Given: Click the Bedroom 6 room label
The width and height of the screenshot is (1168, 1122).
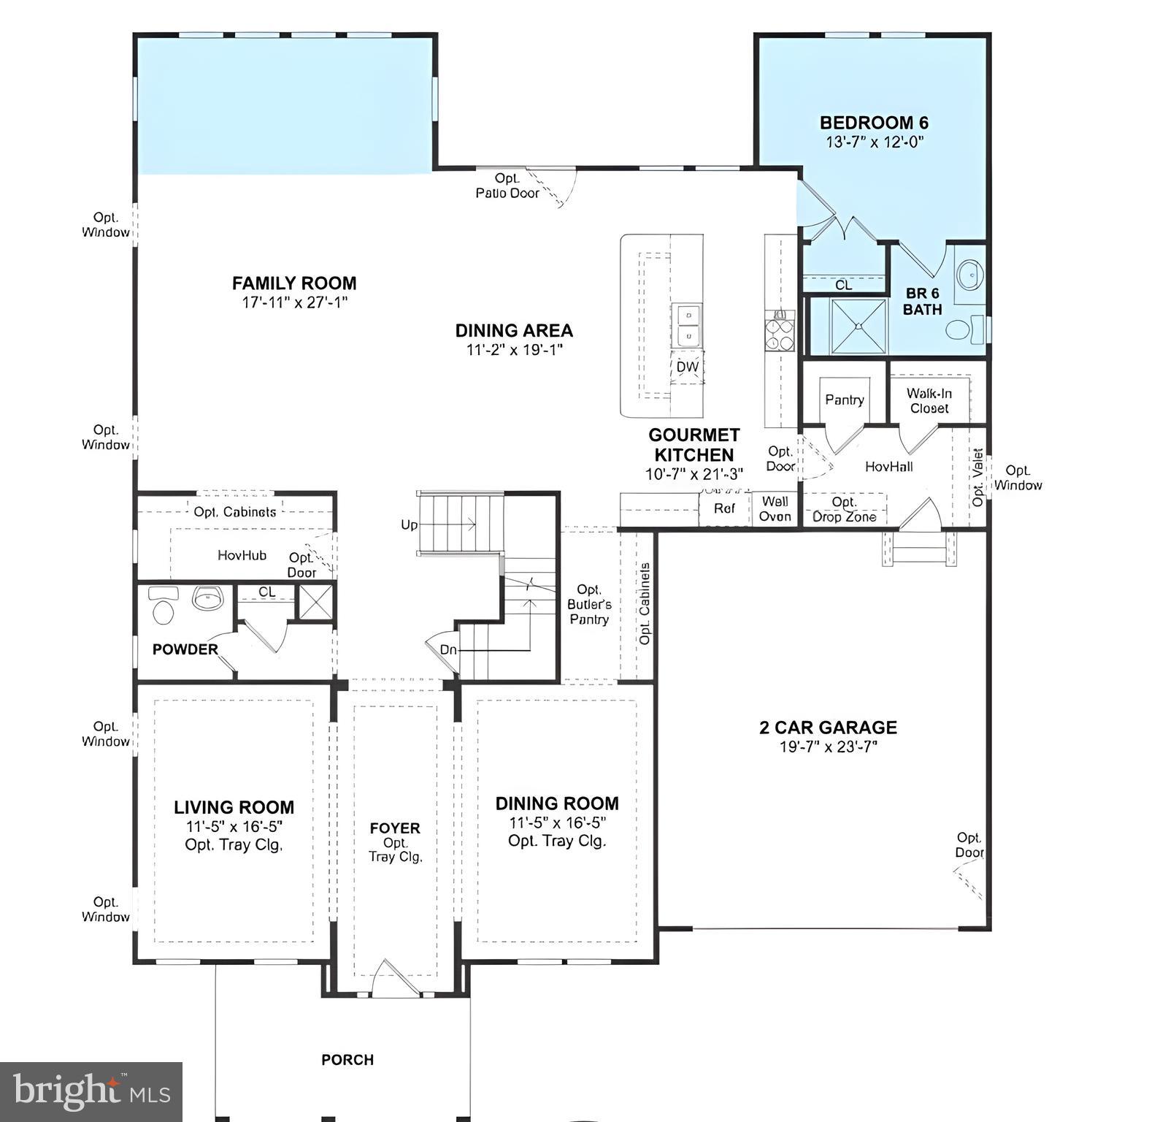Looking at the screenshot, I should (874, 123).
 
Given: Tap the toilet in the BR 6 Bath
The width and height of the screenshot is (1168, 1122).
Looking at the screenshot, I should (961, 330).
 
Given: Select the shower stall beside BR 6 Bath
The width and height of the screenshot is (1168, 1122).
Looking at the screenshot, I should (848, 326).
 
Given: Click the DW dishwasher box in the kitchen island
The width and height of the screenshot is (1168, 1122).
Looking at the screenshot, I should (687, 367).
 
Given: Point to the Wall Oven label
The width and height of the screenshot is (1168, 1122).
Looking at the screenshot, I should (775, 509).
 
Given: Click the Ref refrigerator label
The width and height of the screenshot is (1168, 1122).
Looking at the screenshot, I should (724, 508).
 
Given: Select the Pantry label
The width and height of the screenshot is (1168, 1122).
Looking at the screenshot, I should (845, 400).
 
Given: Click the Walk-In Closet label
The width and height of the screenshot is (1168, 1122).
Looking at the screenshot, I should (929, 400).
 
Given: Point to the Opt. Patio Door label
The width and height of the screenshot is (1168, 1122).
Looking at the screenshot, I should (507, 186).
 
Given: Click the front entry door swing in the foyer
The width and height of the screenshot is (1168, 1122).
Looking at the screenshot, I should (395, 978).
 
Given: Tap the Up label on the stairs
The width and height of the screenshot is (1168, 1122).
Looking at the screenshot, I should (409, 524).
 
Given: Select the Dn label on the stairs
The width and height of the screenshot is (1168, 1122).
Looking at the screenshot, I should (448, 649).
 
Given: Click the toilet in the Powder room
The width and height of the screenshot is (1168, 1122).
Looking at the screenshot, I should (163, 608).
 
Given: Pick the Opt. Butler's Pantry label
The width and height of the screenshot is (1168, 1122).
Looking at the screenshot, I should (589, 604).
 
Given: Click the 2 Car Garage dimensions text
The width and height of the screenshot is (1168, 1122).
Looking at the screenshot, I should (828, 747).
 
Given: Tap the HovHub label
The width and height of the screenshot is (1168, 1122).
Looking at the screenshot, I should (242, 555).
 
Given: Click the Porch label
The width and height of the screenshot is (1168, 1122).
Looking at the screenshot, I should (347, 1059).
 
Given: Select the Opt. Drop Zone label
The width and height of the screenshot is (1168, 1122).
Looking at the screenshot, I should (845, 510).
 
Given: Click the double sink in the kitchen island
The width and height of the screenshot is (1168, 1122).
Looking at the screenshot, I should (687, 326).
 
